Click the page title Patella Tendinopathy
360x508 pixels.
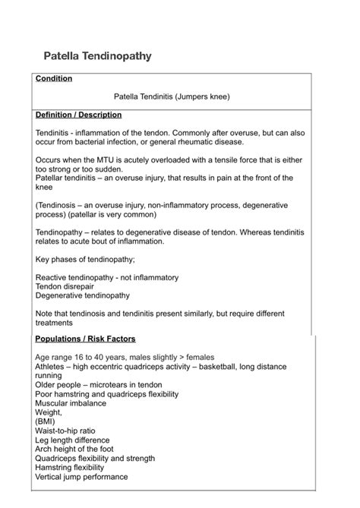97,56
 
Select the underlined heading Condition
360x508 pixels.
54,78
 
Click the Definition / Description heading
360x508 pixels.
78,115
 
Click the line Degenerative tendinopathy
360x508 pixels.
83,295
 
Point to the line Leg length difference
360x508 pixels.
72,440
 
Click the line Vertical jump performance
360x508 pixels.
82,477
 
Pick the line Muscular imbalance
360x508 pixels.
71,403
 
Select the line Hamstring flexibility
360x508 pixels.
70,468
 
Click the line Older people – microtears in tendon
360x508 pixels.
99,385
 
